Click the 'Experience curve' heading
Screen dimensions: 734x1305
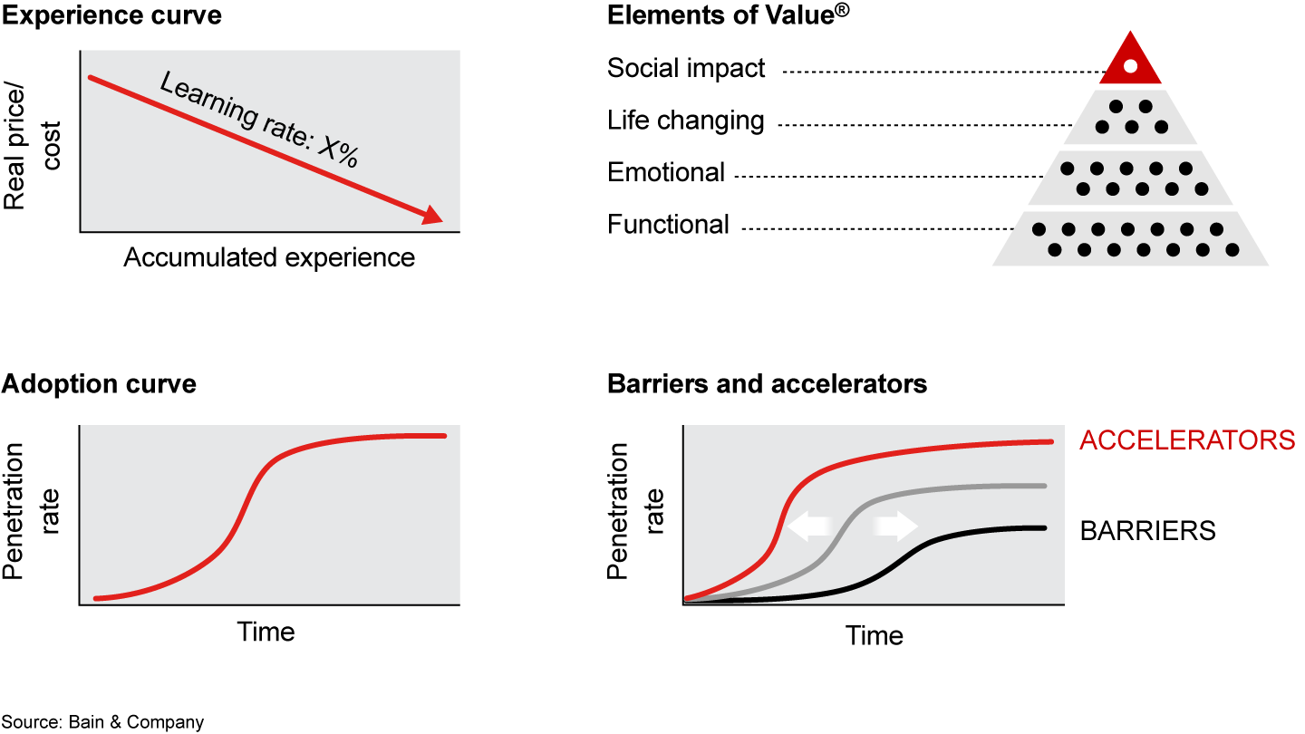pyautogui.click(x=111, y=15)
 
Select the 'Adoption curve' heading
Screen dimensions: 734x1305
pyautogui.click(x=99, y=383)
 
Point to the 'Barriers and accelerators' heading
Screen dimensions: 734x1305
pyautogui.click(x=767, y=383)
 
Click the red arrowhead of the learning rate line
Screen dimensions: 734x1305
pyautogui.click(x=433, y=215)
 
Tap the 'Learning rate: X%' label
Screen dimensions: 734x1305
pyautogui.click(x=260, y=120)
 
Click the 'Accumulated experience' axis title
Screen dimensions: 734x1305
pyautogui.click(x=269, y=257)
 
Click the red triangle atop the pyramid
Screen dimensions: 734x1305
pyautogui.click(x=1129, y=62)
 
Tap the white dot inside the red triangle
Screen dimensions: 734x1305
pyautogui.click(x=1129, y=66)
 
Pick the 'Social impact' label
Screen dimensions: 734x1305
pyautogui.click(x=686, y=68)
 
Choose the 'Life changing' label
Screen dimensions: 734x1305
pyautogui.click(x=686, y=121)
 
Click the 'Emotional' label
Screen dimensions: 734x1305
pyautogui.click(x=666, y=172)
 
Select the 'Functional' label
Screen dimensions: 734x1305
pyautogui.click(x=668, y=224)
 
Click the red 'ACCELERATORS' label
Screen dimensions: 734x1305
pyautogui.click(x=1187, y=440)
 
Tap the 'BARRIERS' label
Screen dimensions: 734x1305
pyautogui.click(x=1147, y=530)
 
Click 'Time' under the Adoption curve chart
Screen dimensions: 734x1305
pyautogui.click(x=266, y=631)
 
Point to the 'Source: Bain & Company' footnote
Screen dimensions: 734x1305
pyautogui.click(x=102, y=722)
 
